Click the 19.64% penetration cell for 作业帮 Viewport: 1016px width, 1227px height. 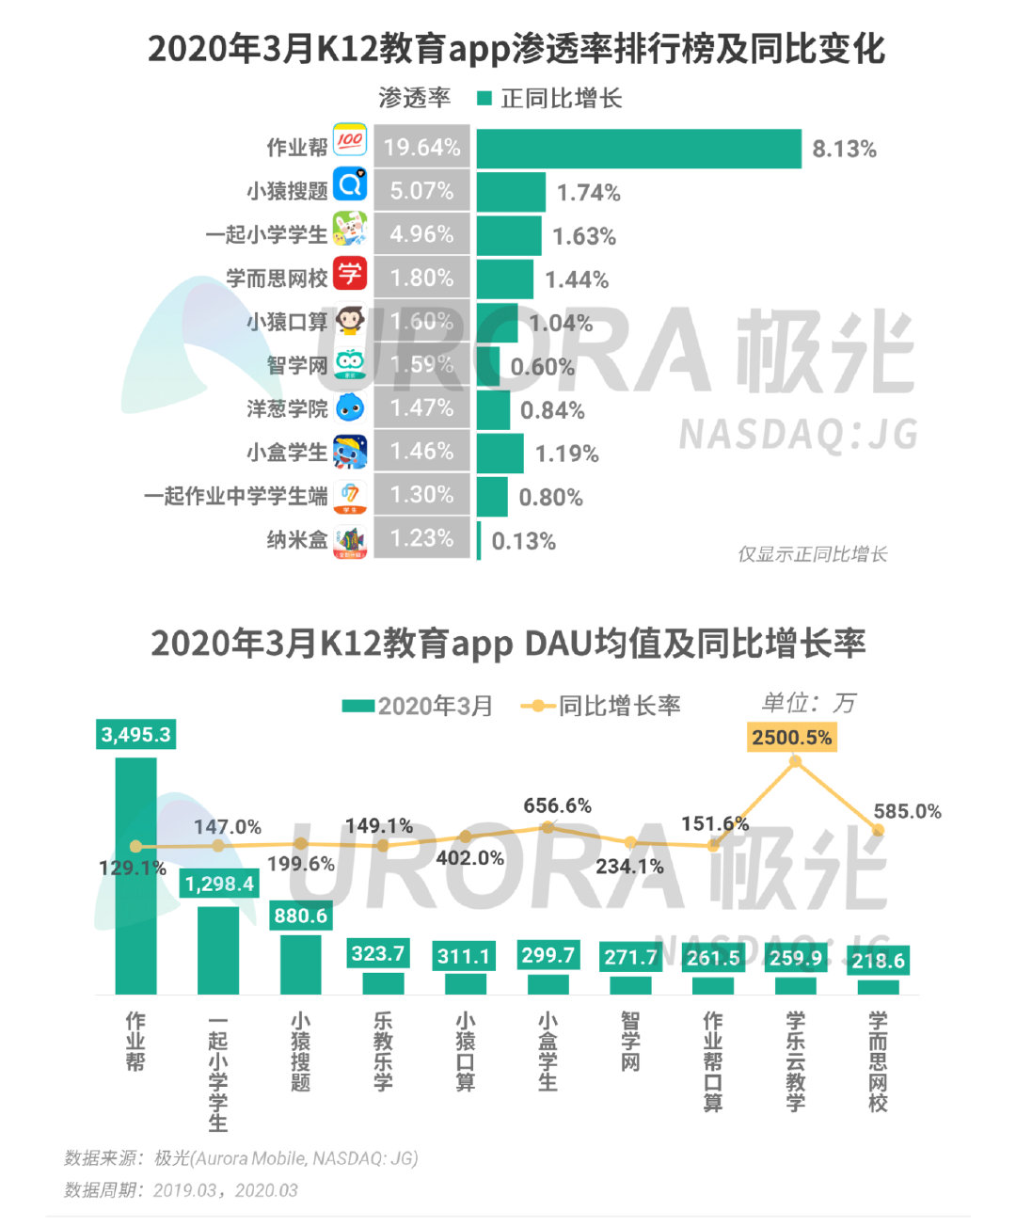click(x=421, y=148)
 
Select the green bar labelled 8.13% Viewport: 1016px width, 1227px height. click(x=639, y=149)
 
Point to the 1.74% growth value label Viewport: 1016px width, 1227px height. click(x=588, y=193)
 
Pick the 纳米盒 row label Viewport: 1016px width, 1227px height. click(x=296, y=540)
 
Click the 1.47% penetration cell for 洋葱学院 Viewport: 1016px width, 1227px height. click(x=421, y=408)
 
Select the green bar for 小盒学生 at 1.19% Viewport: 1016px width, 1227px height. click(x=500, y=453)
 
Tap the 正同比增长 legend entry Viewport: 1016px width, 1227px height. click(x=550, y=98)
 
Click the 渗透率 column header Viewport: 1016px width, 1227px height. click(x=414, y=98)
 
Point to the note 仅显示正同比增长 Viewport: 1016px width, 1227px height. click(x=812, y=554)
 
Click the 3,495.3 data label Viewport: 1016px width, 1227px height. click(x=136, y=735)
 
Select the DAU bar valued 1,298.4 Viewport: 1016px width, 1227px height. click(x=218, y=948)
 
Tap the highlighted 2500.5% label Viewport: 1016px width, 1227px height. click(x=792, y=737)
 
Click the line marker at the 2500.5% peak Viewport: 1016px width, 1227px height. click(x=796, y=760)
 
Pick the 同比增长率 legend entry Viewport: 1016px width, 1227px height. click(x=602, y=706)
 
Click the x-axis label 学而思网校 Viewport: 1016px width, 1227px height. click(x=878, y=1061)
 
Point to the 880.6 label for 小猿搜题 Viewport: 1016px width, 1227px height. click(x=300, y=916)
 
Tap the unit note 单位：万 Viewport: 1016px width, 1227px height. click(x=808, y=703)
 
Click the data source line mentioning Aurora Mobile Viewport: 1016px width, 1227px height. click(x=241, y=1158)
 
